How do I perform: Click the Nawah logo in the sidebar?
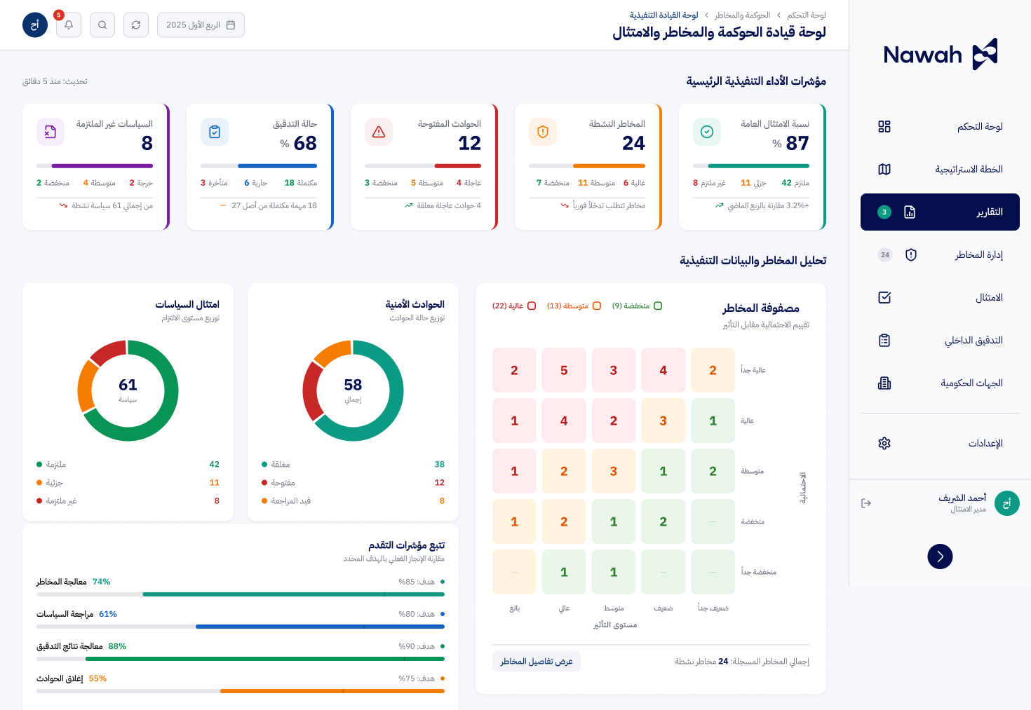(x=940, y=54)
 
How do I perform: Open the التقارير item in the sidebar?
(x=940, y=212)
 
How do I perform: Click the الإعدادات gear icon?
(x=884, y=443)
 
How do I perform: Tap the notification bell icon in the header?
(x=69, y=25)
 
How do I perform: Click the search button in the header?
(x=102, y=25)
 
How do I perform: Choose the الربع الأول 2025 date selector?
(x=201, y=25)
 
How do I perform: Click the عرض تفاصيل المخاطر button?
(x=537, y=662)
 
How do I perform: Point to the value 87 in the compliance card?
(x=797, y=143)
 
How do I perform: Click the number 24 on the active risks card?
(x=633, y=143)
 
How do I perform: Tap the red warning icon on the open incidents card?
(x=379, y=132)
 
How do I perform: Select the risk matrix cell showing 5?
(x=564, y=370)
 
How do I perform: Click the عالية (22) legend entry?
(x=514, y=306)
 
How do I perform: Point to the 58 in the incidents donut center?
(x=353, y=385)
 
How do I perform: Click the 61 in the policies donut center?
(x=128, y=385)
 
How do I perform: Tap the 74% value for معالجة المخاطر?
(x=101, y=582)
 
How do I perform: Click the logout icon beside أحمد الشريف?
(x=866, y=503)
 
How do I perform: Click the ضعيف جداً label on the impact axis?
(x=713, y=608)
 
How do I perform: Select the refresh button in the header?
(x=136, y=25)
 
